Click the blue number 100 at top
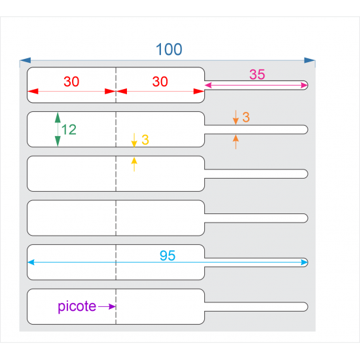169,49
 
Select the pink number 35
257,75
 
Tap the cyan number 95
168,255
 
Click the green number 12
69,130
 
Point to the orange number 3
246,117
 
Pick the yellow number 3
145,139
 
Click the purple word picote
77,306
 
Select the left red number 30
71,82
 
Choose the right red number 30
160,82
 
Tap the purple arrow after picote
107,306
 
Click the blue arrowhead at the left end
26,60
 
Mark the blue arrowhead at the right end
310,60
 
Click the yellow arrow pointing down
134,140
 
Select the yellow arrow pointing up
134,164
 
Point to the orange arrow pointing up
236,142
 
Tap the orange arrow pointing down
236,117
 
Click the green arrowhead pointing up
58,117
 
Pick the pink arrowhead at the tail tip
304,85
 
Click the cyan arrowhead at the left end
31,262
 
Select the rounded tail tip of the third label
308,174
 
